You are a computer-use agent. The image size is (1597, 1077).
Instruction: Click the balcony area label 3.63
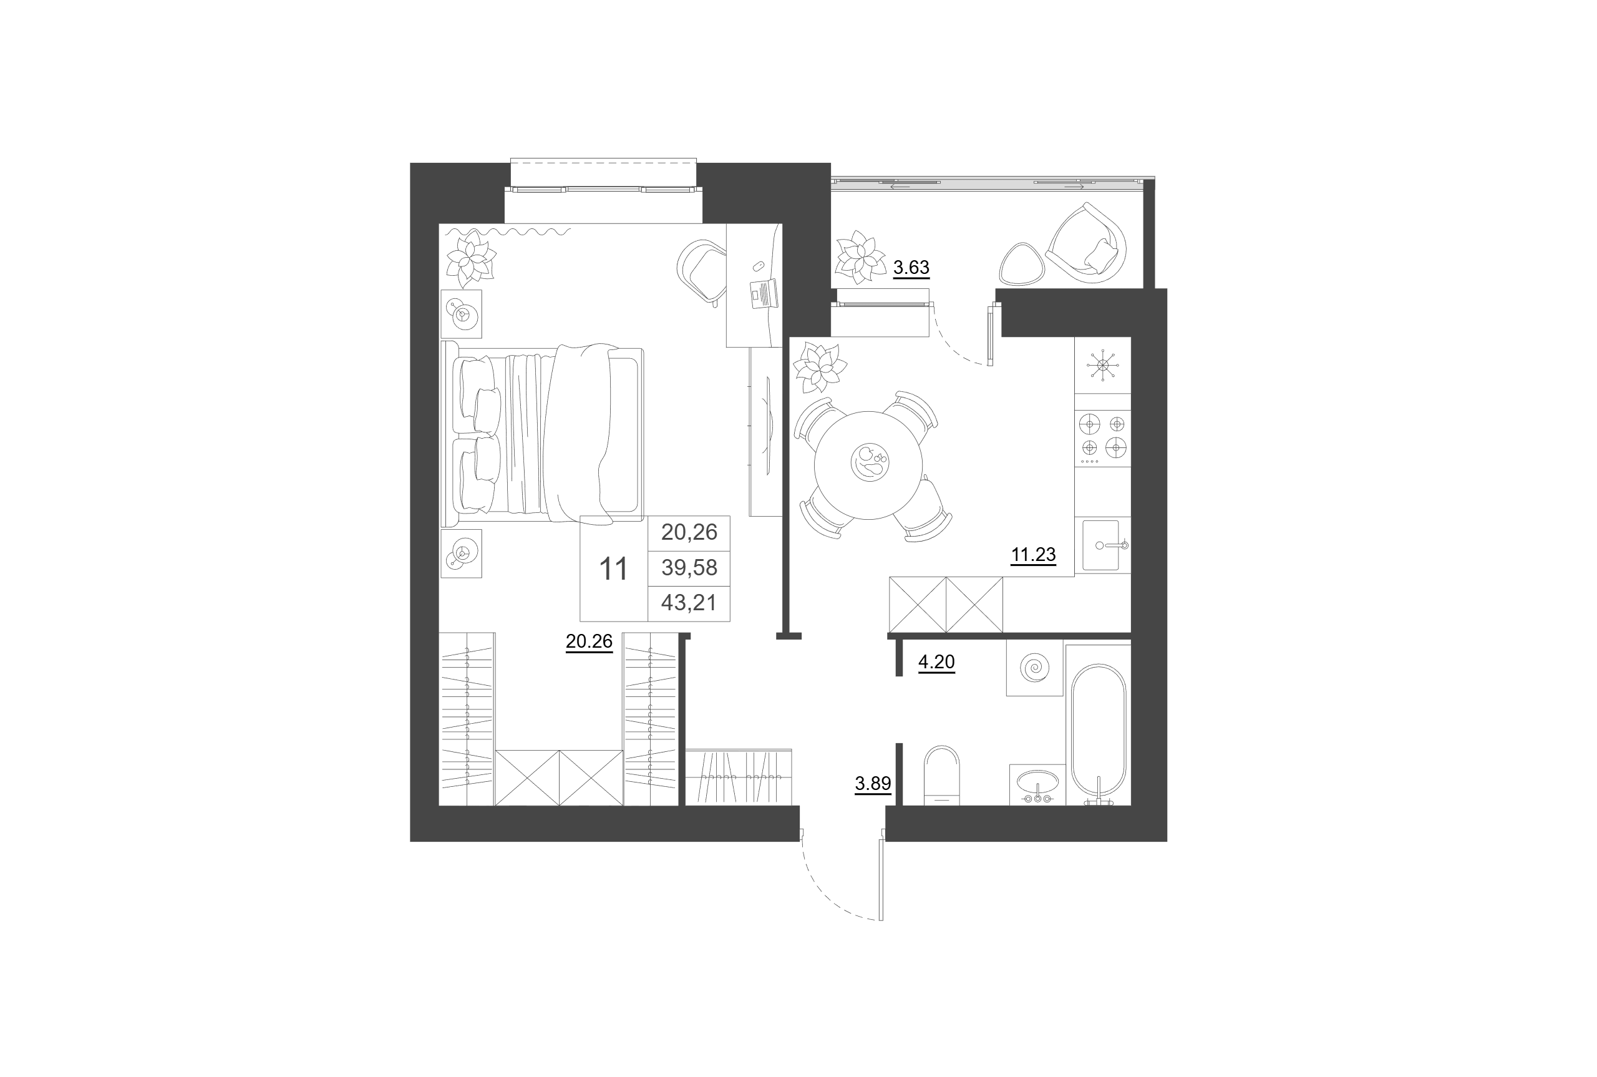click(910, 267)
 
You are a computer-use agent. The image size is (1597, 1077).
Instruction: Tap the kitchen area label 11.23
click(1032, 554)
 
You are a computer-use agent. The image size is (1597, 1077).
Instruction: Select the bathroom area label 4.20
click(936, 661)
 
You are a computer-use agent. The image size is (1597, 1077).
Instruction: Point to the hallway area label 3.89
click(873, 783)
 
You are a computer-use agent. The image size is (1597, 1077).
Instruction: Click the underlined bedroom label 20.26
click(588, 641)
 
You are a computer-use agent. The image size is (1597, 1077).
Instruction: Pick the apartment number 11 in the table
click(613, 568)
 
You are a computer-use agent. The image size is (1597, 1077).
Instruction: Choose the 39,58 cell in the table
click(689, 567)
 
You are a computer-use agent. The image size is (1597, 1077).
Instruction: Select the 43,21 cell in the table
click(689, 602)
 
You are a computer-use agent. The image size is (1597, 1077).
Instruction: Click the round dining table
click(868, 465)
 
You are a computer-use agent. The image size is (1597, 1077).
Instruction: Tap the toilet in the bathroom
click(941, 776)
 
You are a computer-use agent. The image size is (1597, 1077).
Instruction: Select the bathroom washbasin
click(1037, 784)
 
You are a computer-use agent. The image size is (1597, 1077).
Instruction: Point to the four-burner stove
click(1102, 437)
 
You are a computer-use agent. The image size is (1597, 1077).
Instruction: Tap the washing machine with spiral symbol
click(1034, 668)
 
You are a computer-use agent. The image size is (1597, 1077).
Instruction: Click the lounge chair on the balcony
click(1087, 243)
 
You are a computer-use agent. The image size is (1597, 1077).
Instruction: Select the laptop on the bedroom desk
click(764, 293)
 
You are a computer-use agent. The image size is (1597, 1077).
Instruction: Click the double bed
click(542, 434)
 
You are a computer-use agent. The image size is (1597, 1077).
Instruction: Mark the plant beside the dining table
click(819, 368)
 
